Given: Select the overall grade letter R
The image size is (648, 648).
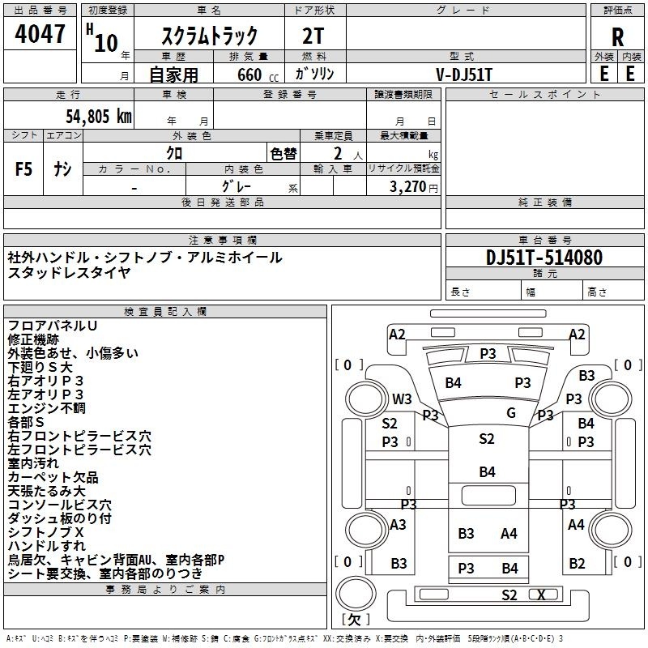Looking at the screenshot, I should point(618,37).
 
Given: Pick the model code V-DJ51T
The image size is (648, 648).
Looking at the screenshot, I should point(464,74).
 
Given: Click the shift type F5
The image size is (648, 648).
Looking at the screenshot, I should point(23,169).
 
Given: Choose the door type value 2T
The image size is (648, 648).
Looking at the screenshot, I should point(313,36).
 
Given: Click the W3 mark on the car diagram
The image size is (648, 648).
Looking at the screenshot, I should point(402,399).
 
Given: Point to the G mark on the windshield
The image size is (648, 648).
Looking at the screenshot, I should point(511,412).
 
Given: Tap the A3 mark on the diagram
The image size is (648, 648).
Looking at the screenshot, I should point(398,525).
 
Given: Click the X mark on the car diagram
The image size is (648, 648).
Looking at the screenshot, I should point(541,595).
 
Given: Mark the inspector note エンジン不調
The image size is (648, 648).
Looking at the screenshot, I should point(46,408).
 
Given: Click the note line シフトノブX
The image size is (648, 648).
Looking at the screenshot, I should point(46,532).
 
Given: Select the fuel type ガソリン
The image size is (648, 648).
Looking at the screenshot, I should point(314,74).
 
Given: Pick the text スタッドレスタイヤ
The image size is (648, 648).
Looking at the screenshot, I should point(69,273).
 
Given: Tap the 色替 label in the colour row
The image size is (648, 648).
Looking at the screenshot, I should point(283,153).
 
